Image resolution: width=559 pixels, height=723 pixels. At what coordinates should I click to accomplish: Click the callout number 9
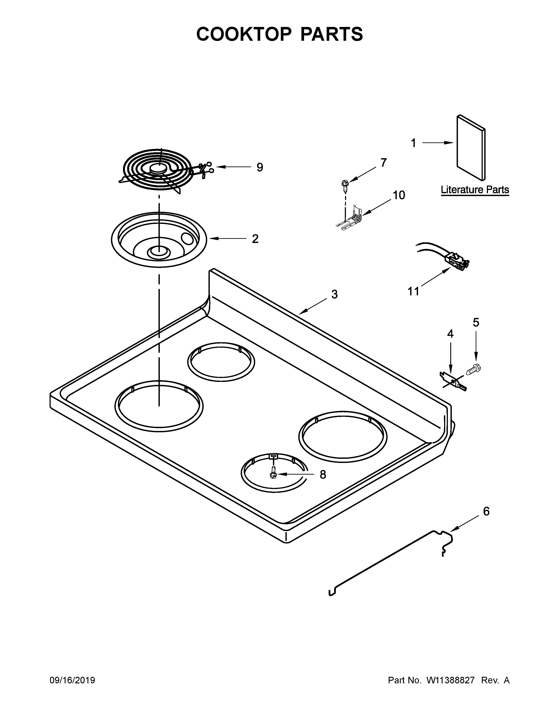[260, 168]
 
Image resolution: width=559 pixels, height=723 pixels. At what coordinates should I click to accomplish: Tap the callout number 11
[413, 291]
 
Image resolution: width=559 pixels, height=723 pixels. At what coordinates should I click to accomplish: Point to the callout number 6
[486, 511]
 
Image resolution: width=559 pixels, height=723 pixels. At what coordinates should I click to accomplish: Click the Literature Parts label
[475, 190]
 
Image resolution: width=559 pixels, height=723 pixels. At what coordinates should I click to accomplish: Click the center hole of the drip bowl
[159, 252]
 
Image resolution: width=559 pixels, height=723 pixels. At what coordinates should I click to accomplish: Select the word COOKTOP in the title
[244, 34]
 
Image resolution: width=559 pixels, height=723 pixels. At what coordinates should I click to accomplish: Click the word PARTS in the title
[331, 34]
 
